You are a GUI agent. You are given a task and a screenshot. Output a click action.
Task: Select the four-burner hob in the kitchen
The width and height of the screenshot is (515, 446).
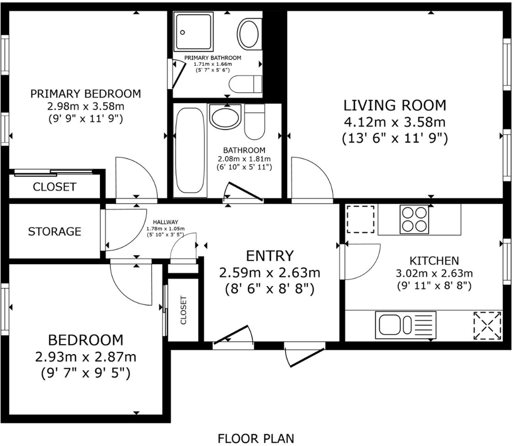pos(415,218)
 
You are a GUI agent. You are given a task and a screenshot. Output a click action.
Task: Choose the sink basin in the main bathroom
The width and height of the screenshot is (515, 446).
pos(225,117)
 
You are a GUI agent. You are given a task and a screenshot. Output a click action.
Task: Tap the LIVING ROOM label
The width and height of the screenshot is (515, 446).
pos(394,106)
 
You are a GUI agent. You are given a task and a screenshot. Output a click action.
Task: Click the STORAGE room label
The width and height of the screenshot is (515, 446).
pos(54,232)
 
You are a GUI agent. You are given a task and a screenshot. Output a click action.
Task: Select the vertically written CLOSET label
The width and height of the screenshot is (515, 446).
pos(184,310)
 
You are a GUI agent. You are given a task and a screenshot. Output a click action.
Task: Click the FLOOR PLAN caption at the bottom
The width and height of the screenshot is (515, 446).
pos(256,438)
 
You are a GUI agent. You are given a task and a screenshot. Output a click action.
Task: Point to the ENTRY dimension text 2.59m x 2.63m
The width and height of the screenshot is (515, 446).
pos(269,273)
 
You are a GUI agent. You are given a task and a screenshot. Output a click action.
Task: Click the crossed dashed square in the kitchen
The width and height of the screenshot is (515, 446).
pos(487,325)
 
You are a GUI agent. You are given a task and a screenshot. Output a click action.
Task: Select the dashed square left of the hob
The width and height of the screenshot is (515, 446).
pos(361,219)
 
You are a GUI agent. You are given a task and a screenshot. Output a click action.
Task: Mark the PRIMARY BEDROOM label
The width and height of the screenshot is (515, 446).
pos(85,94)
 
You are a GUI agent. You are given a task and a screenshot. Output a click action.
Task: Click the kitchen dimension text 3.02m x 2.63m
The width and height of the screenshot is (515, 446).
pos(434,274)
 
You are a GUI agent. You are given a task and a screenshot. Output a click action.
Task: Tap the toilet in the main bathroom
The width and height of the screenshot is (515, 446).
pos(254,121)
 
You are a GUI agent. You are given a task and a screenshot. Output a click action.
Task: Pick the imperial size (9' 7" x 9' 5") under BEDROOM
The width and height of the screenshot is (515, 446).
pos(85,373)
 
